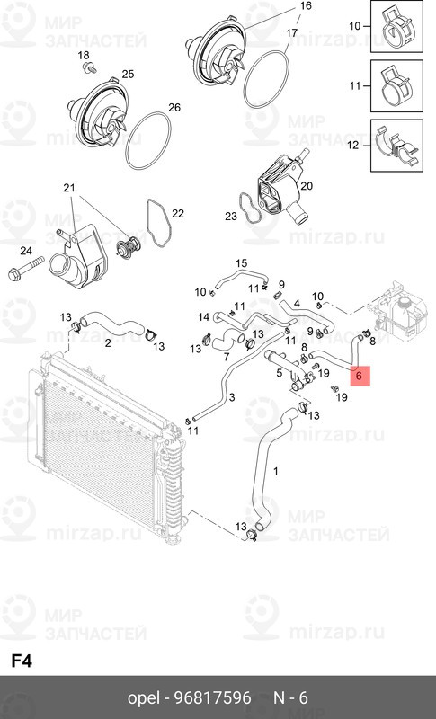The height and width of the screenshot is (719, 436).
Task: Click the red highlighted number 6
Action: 359,376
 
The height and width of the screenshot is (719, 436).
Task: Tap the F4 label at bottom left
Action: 22,661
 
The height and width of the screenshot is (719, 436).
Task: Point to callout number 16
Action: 306,6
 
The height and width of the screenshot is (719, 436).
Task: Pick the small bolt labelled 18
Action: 85,67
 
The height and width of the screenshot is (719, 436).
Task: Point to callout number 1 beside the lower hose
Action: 276,471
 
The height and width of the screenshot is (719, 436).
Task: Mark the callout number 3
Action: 232,397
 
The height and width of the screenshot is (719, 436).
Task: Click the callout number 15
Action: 241,262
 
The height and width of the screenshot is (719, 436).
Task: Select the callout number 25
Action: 127,74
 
